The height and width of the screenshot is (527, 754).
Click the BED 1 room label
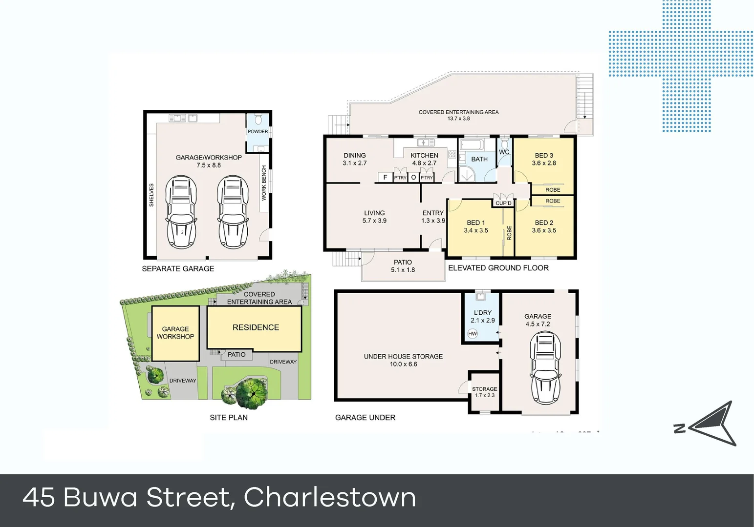point(476,223)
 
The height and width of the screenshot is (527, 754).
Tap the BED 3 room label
point(544,156)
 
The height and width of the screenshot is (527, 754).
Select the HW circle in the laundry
point(472,334)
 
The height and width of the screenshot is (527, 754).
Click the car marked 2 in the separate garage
point(182,212)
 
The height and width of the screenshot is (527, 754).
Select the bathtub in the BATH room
point(471,145)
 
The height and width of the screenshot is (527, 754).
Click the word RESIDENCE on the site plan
point(256,327)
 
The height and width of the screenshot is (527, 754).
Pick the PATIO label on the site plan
point(237,355)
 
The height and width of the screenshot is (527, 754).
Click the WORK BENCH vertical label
point(264,183)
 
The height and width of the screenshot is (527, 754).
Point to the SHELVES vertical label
point(151,195)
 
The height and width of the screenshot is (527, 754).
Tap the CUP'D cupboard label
point(503,203)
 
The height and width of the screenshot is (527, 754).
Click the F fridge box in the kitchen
point(385,178)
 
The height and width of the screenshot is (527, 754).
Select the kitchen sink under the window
point(425,143)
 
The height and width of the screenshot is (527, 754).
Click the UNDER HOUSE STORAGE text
point(403,356)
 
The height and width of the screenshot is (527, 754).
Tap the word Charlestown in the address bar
point(330,498)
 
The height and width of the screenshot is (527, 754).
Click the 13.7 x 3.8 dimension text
point(458,119)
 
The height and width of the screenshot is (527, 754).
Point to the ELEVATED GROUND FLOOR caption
point(498,268)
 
